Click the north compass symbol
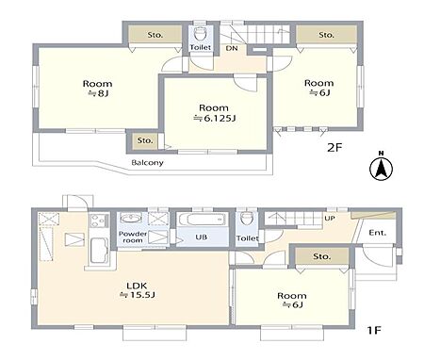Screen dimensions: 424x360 381,167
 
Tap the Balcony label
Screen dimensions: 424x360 147,163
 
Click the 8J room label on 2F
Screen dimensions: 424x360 97,89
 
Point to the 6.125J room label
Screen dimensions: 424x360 214,113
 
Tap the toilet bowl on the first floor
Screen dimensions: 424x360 247,219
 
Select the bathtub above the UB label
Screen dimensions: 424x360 202,219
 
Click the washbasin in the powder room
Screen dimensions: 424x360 131,218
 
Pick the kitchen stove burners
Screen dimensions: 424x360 97,221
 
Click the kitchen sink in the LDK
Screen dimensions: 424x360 99,250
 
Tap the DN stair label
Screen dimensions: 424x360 232,49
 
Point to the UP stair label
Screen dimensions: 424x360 330,218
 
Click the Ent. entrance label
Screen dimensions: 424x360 378,233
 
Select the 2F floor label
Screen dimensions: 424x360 334,147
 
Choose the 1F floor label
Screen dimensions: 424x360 374,330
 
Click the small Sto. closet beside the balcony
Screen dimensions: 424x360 145,140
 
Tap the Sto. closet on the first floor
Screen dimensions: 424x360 322,256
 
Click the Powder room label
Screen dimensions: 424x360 133,237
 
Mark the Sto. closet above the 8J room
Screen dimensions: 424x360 155,35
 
